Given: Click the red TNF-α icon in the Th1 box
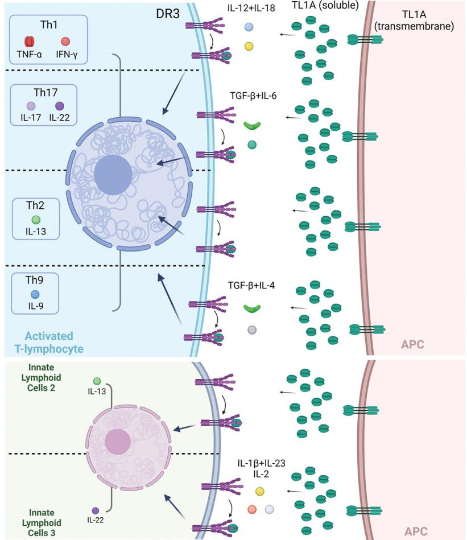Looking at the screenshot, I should point(30,42).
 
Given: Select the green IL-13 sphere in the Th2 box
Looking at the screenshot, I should point(36,219).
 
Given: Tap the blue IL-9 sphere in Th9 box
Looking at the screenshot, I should point(35,295).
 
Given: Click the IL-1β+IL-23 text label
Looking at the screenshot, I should point(261,463).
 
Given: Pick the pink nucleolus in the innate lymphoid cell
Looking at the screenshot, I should point(118,442).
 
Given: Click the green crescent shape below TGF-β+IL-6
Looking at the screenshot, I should point(251,126).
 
